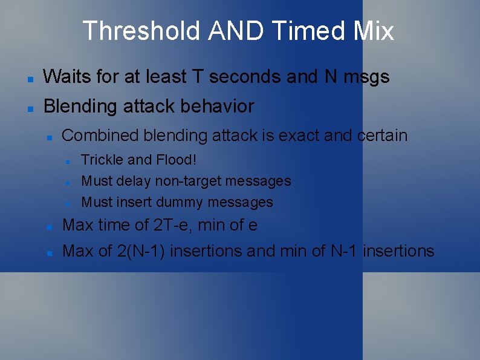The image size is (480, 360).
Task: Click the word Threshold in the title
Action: point(141,31)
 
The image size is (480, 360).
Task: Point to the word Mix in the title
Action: point(374,31)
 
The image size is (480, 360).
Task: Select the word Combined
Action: point(100,136)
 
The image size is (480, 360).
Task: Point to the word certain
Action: point(382,136)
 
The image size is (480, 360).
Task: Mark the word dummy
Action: point(182,202)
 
